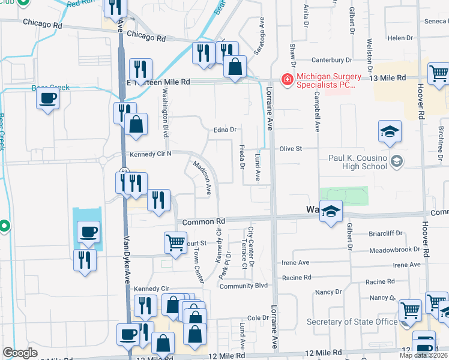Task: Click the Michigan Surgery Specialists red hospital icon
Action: (x=287, y=79)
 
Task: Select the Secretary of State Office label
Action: (x=352, y=322)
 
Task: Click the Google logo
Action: (x=20, y=353)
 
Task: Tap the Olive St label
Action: (x=289, y=148)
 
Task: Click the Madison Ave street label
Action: (x=202, y=178)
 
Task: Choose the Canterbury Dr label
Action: (x=331, y=60)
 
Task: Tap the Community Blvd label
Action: (x=243, y=286)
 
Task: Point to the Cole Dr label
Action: (x=257, y=317)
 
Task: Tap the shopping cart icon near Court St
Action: (x=175, y=242)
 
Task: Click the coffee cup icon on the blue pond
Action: (x=88, y=231)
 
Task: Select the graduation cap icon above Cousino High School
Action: (x=390, y=131)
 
